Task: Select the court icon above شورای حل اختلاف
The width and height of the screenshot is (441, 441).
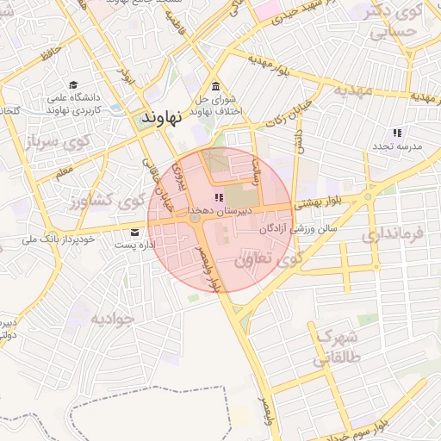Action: click(215, 86)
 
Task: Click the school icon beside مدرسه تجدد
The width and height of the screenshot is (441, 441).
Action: click(397, 133)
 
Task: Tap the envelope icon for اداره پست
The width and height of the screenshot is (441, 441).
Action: click(134, 233)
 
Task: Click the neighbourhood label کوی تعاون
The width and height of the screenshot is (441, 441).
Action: click(269, 257)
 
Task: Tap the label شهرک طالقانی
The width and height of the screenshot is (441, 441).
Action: click(335, 346)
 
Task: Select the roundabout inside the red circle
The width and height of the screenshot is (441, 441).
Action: click(196, 220)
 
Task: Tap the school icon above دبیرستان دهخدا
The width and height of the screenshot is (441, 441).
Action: click(217, 198)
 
